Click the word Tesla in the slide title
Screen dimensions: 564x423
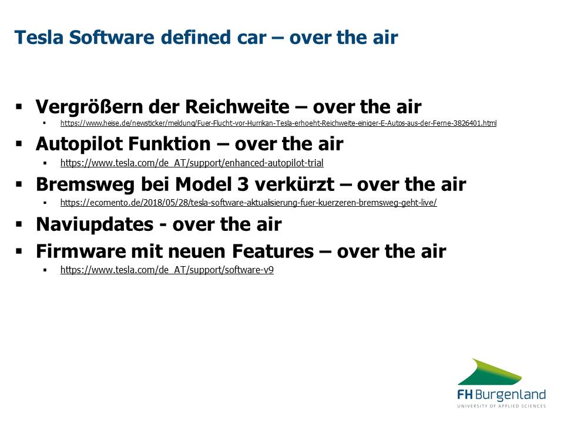39,38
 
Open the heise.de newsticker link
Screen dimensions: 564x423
278,123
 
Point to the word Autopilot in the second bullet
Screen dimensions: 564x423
79,145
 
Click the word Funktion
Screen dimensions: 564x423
169,144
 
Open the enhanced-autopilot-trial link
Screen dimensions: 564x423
192,163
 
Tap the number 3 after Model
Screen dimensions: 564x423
243,184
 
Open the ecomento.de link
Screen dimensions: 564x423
249,203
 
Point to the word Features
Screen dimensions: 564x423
273,251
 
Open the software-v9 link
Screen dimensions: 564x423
167,270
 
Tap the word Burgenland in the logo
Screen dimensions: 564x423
511,395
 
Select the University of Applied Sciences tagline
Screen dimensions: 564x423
501,406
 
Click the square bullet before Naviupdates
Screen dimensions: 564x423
19,224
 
